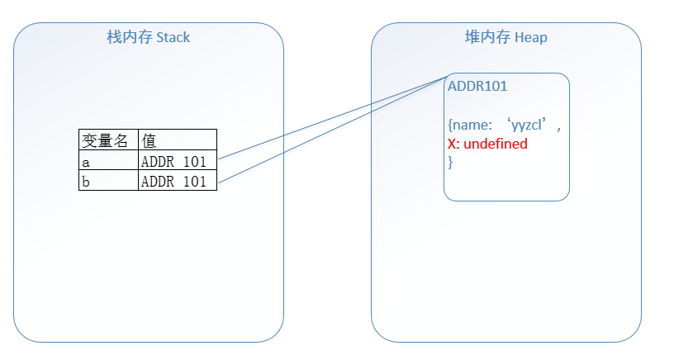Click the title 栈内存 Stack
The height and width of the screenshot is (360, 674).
point(149,37)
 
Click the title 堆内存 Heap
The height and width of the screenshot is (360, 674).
point(505,37)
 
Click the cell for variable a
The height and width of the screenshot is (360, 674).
point(108,161)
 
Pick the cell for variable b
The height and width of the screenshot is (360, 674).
point(108,181)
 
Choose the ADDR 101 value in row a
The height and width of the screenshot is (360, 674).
point(174,161)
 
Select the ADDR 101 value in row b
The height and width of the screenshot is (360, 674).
point(174,181)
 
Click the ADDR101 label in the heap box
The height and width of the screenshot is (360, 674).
point(477,86)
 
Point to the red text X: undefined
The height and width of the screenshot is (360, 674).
point(487,144)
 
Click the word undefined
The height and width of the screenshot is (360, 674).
point(496,144)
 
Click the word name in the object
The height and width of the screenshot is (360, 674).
point(471,126)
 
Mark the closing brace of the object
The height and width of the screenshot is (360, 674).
point(450,162)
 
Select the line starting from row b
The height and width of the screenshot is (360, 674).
point(330,128)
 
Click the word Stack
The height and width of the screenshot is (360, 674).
point(172,37)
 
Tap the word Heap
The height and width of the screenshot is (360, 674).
point(530,37)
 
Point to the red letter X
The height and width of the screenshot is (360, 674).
point(452,144)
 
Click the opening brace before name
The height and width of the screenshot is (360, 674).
point(450,126)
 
